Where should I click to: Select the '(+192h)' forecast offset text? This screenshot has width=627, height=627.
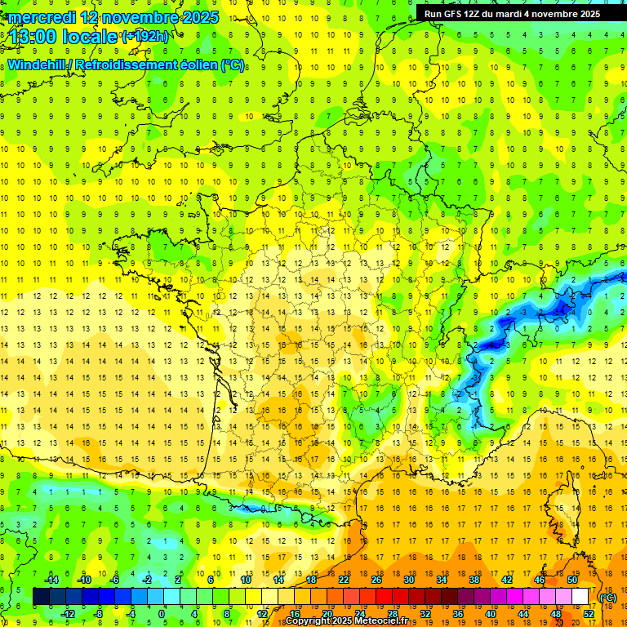[145, 36]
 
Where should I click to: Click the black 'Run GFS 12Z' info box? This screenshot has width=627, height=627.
[512, 14]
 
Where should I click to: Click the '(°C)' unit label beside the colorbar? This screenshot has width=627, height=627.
[608, 598]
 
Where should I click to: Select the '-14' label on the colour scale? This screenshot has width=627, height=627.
[51, 579]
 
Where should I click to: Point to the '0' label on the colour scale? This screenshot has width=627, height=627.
[162, 613]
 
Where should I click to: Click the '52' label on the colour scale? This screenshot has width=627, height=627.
[588, 613]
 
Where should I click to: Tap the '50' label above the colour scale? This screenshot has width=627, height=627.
[571, 579]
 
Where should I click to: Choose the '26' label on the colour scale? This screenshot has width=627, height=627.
[376, 579]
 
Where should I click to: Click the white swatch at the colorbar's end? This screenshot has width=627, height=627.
[580, 597]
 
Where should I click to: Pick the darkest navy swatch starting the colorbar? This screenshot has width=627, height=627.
[41, 597]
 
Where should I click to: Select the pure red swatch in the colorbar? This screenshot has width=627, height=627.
[385, 597]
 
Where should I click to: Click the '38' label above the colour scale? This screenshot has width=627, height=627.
[474, 579]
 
